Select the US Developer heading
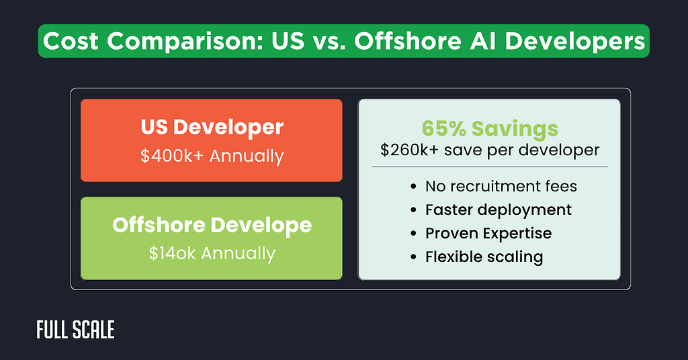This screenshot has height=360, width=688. (x=212, y=127)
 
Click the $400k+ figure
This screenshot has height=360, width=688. (x=173, y=156)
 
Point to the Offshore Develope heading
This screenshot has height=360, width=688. (x=212, y=225)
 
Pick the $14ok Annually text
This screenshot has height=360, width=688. (x=212, y=253)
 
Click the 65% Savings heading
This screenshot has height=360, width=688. (x=489, y=128)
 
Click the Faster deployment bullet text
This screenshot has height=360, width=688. (x=499, y=210)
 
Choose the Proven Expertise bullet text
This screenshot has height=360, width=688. (x=488, y=233)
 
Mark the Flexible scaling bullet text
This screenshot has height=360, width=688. (x=484, y=256)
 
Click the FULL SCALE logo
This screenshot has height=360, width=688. (x=75, y=330)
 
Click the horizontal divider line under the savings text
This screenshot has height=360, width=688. (x=489, y=166)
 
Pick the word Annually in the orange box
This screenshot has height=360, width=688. (x=247, y=156)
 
